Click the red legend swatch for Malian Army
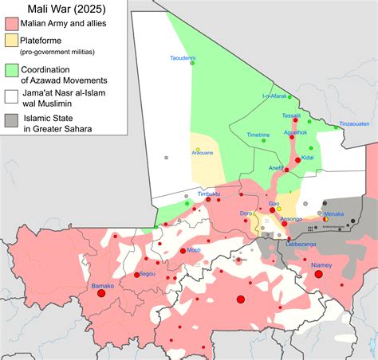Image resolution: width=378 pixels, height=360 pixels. pos(13,29)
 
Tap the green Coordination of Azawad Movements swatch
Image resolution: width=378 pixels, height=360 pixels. pos(13,71)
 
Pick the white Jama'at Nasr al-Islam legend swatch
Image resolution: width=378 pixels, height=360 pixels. pos(13,96)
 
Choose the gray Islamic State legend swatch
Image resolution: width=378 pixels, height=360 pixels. pos(13,120)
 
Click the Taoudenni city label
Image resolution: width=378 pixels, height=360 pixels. pos(183,57)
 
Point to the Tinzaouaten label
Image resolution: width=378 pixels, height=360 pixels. pos(355,123)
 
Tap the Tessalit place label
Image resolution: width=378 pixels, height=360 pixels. pos(291,115)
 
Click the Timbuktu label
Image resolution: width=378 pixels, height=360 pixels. pos(208,194)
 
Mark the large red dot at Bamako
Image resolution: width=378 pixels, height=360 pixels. pos(101,293)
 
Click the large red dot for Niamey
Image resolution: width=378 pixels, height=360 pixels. pos(318,274)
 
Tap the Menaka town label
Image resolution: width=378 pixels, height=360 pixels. pos(333,213)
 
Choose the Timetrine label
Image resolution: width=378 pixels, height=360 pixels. pos(258,135)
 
